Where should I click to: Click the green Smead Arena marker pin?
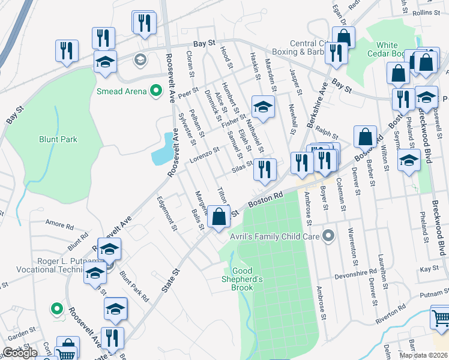156,91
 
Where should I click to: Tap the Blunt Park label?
58,139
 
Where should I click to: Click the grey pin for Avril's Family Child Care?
328,236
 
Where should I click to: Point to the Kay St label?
429,270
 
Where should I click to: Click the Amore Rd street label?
59,225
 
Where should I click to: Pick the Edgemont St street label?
167,214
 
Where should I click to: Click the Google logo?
20,353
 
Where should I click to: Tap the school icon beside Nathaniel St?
262,107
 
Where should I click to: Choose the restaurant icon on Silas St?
264,169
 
